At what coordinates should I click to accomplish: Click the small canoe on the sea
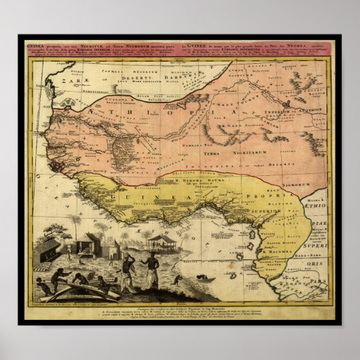click(x=206, y=278)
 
